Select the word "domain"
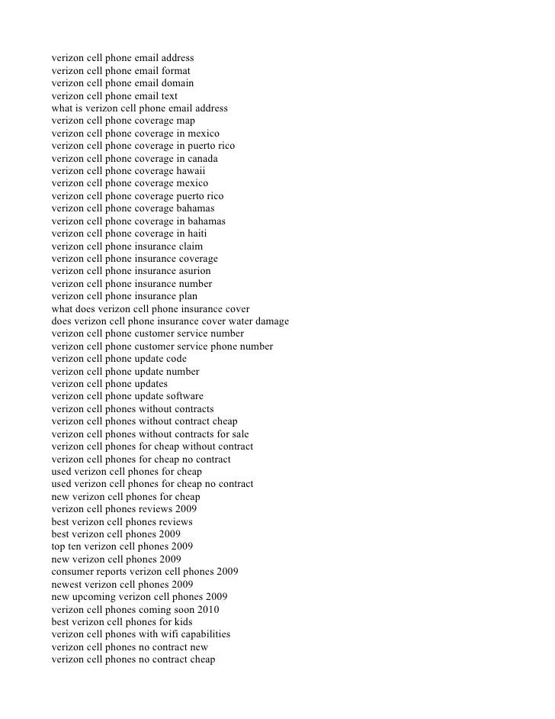[x=177, y=82]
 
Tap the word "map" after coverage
[x=185, y=121]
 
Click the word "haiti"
[x=194, y=234]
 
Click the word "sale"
[x=239, y=434]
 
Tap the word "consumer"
[x=72, y=572]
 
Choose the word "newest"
[x=69, y=584]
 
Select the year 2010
[x=207, y=609]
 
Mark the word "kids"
[x=181, y=621]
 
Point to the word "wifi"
[x=171, y=634]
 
